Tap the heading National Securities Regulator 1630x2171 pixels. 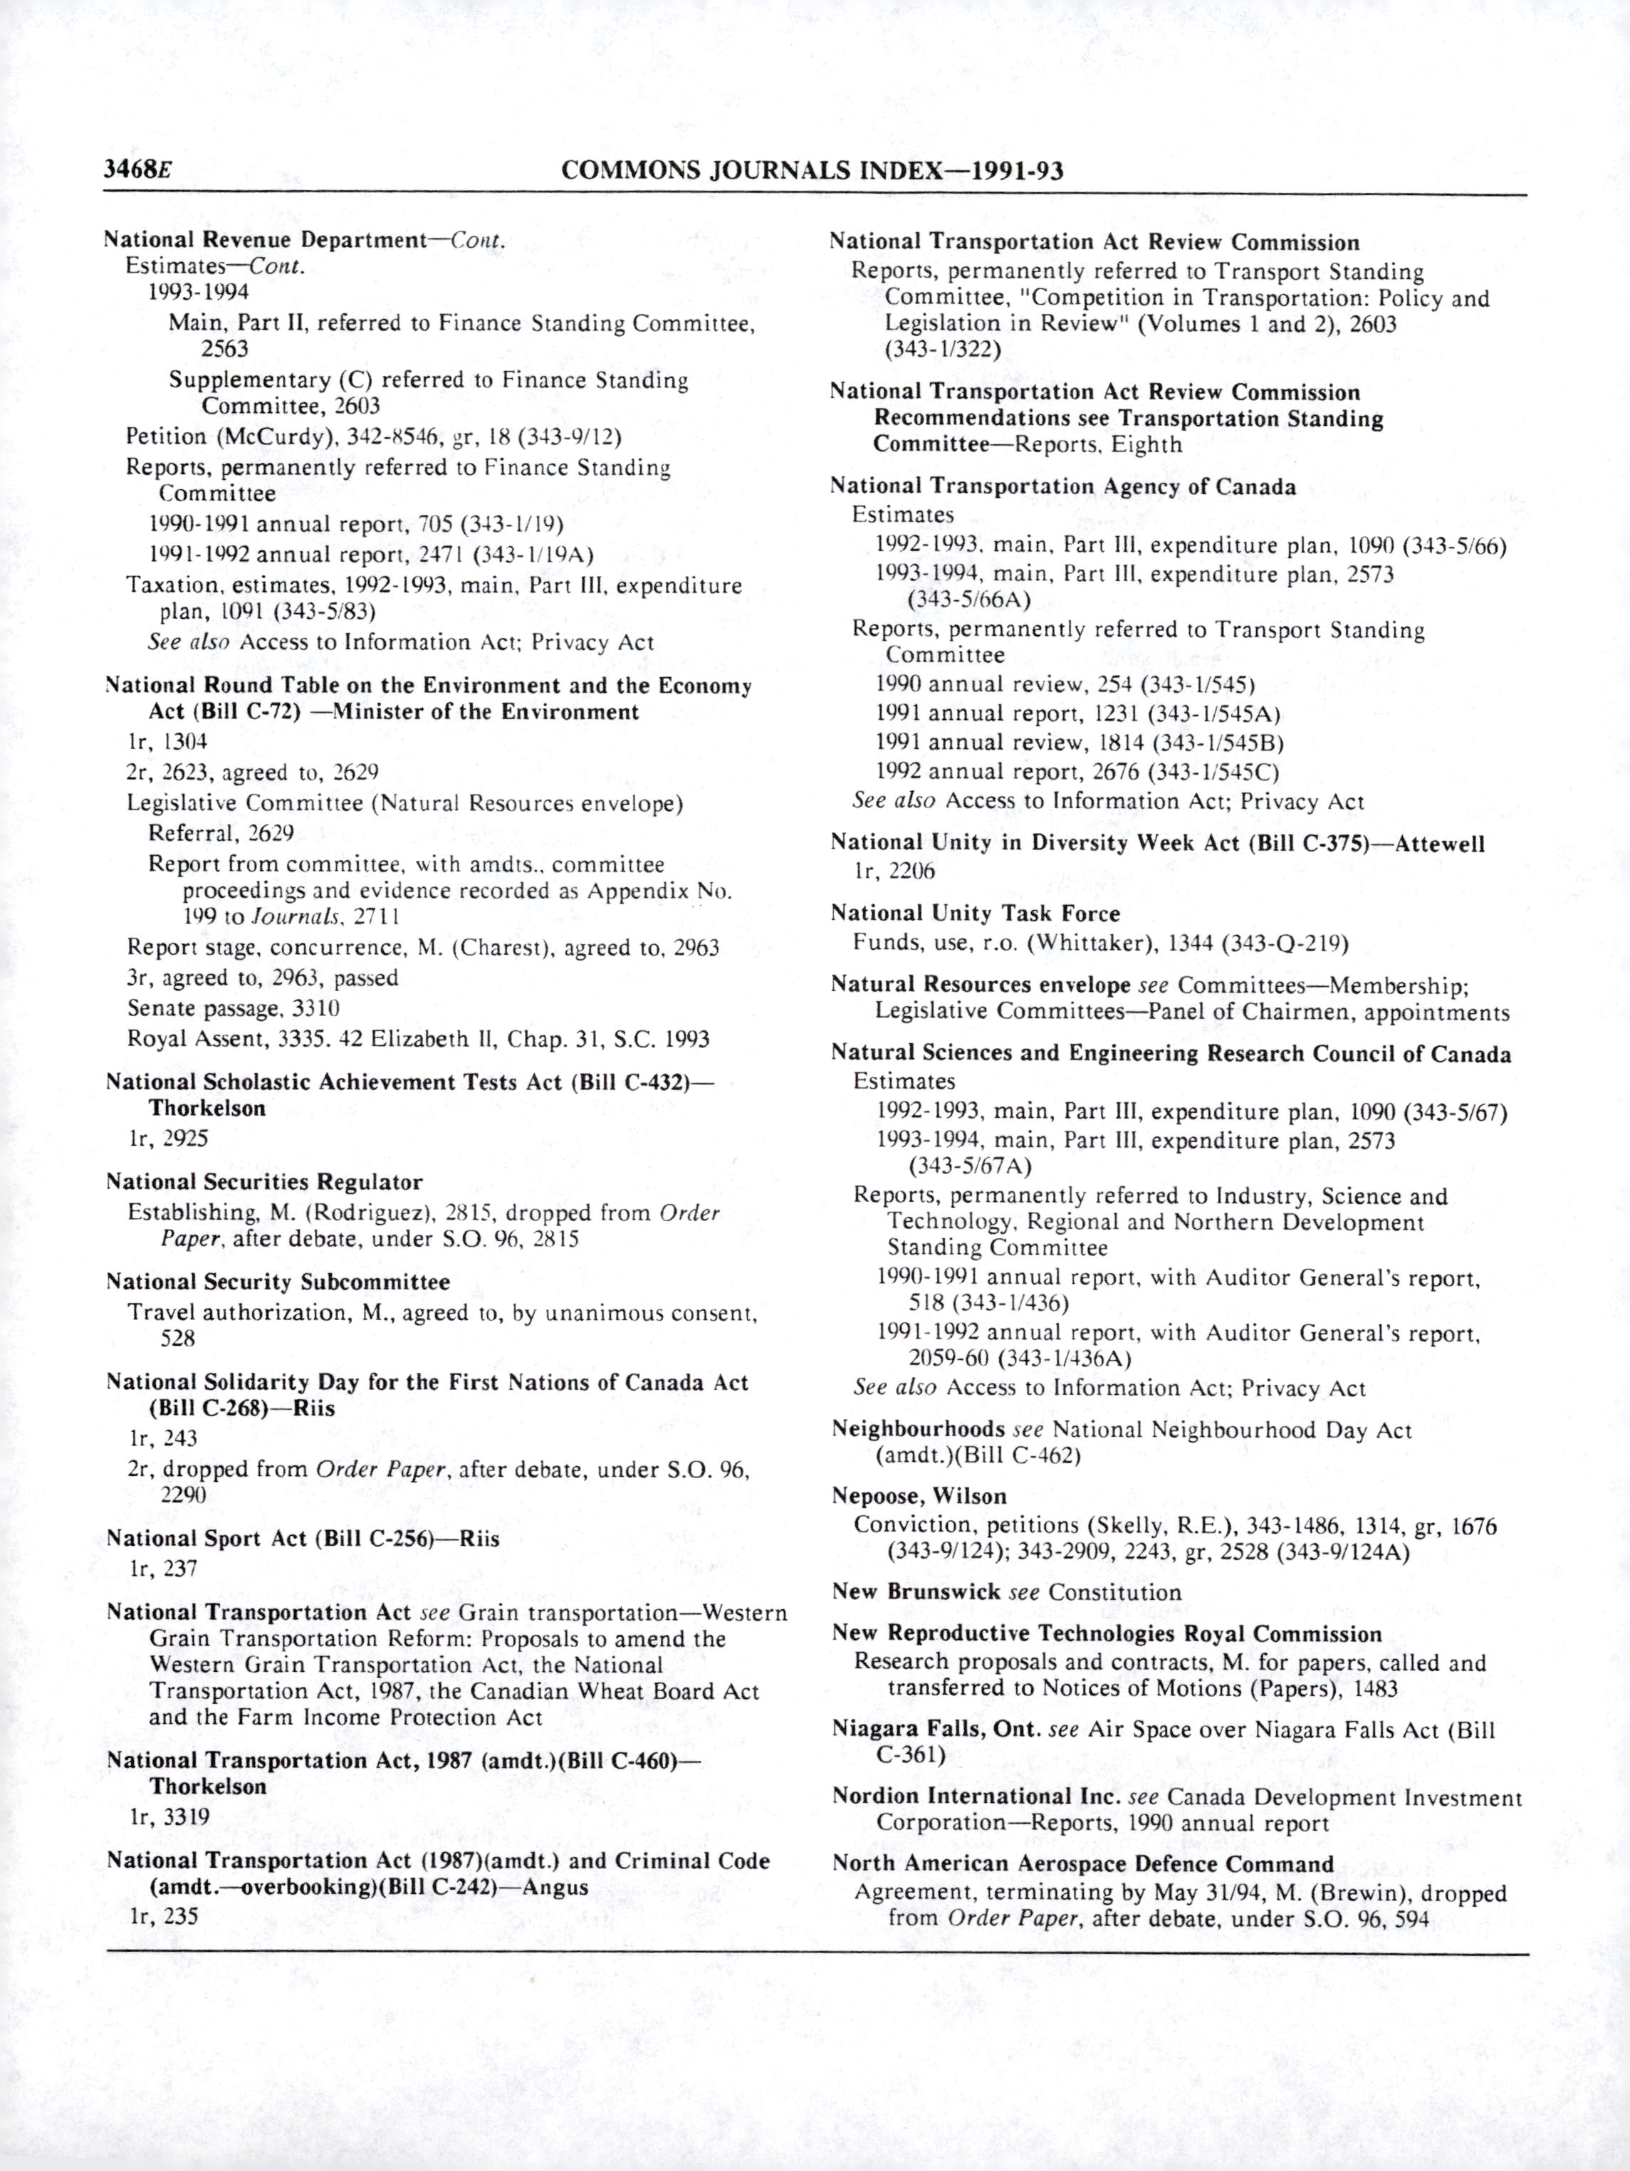click(x=264, y=1182)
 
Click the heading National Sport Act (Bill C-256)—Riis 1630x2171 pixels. click(x=302, y=1538)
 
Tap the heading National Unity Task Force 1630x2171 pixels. click(x=974, y=913)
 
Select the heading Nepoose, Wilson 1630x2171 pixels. click(x=919, y=1496)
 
